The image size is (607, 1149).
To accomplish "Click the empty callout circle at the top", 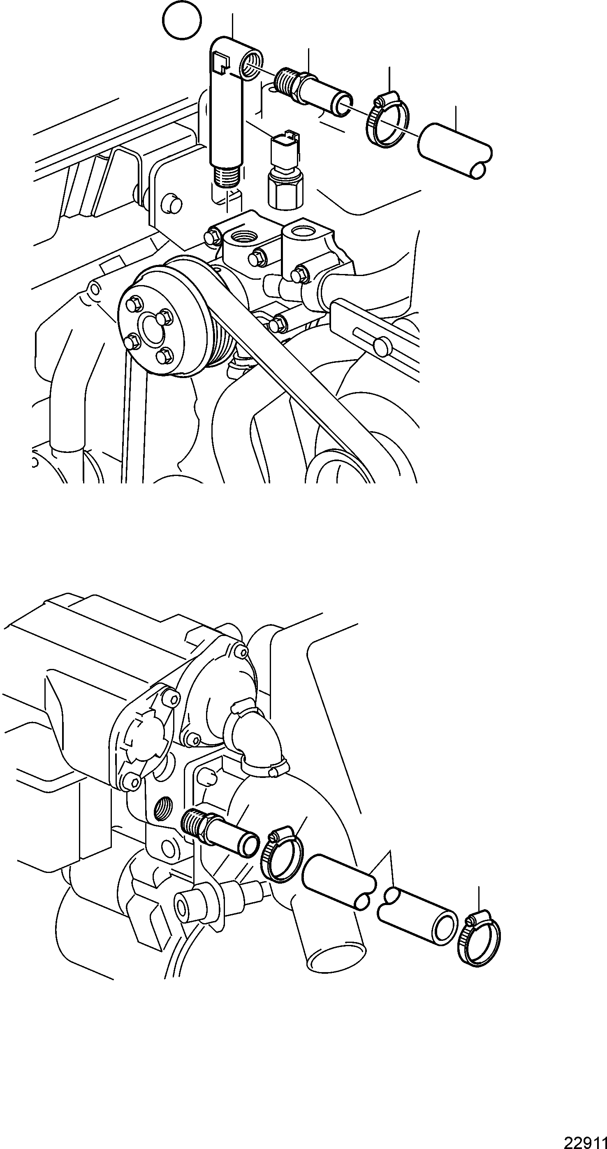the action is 182,20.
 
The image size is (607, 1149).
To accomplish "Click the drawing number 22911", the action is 586,1140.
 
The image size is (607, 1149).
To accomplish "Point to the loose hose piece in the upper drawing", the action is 455,152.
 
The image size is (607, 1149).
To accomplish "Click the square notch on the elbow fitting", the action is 220,62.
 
